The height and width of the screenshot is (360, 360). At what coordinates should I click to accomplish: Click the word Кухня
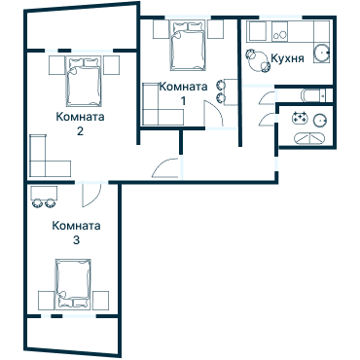289,58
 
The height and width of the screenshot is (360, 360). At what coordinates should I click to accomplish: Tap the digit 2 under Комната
80,131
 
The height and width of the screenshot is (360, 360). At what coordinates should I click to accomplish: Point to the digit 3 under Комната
77,239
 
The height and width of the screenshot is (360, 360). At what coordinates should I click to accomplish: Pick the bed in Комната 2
82,82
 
